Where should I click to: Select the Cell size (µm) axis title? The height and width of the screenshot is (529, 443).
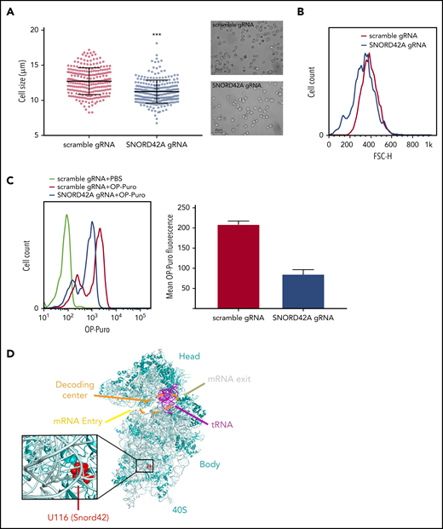click(14, 83)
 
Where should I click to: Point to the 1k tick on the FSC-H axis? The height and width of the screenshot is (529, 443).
click(428, 146)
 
